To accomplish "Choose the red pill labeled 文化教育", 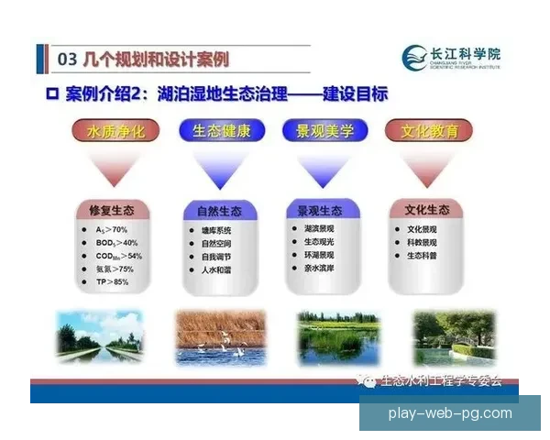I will pyautogui.click(x=423, y=131).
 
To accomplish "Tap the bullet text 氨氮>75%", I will pyautogui.click(x=115, y=269).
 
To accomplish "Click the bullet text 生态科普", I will pyautogui.click(x=424, y=256).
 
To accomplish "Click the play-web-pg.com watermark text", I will pyautogui.click(x=451, y=412).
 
